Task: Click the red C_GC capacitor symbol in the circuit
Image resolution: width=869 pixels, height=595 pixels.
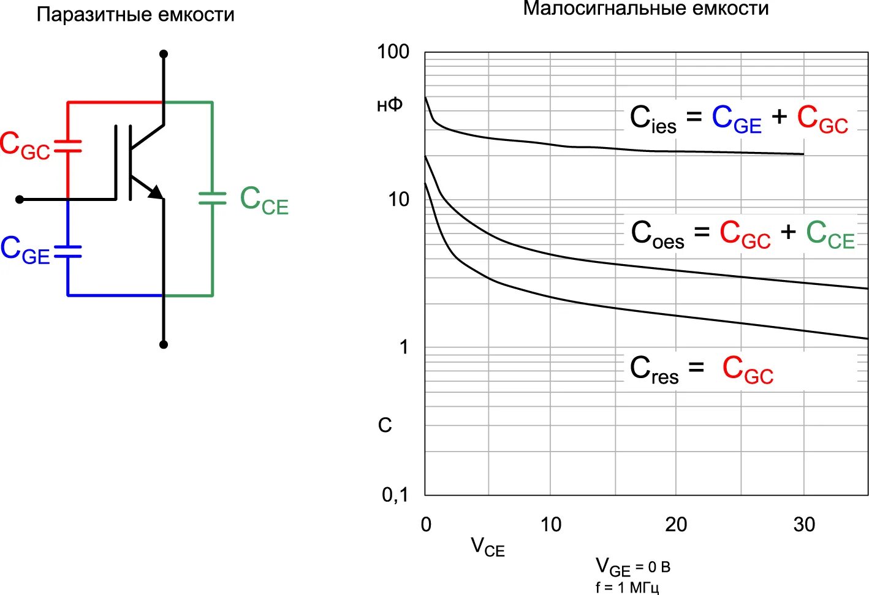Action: click(x=67, y=146)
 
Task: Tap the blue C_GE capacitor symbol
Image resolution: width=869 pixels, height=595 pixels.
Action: click(x=67, y=251)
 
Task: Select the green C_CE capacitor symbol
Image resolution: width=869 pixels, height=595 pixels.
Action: click(x=212, y=198)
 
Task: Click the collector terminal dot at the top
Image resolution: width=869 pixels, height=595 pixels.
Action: click(x=164, y=54)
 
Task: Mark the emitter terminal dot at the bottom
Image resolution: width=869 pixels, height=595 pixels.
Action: click(x=164, y=344)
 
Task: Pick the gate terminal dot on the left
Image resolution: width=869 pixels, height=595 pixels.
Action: click(x=20, y=199)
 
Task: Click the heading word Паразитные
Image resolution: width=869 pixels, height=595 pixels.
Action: click(x=92, y=15)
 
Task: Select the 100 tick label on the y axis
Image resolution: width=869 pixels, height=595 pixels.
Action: click(x=393, y=52)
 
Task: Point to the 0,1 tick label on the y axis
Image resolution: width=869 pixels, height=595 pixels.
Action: click(x=395, y=495)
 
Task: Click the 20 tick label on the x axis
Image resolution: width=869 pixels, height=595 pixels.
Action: click(x=676, y=525)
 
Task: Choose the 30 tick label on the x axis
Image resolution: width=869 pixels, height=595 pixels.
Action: click(x=804, y=525)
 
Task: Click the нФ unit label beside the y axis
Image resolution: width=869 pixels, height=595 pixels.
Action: click(x=390, y=105)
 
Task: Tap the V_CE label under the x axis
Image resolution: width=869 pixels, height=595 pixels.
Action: click(x=487, y=547)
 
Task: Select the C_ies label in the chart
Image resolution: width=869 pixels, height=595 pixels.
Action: click(x=653, y=119)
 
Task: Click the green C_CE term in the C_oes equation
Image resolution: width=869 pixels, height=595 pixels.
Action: click(x=830, y=235)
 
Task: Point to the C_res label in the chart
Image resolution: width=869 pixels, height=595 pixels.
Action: click(x=654, y=370)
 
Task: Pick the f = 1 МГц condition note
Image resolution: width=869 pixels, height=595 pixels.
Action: click(x=627, y=588)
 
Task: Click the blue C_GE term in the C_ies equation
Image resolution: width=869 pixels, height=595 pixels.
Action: click(x=736, y=119)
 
